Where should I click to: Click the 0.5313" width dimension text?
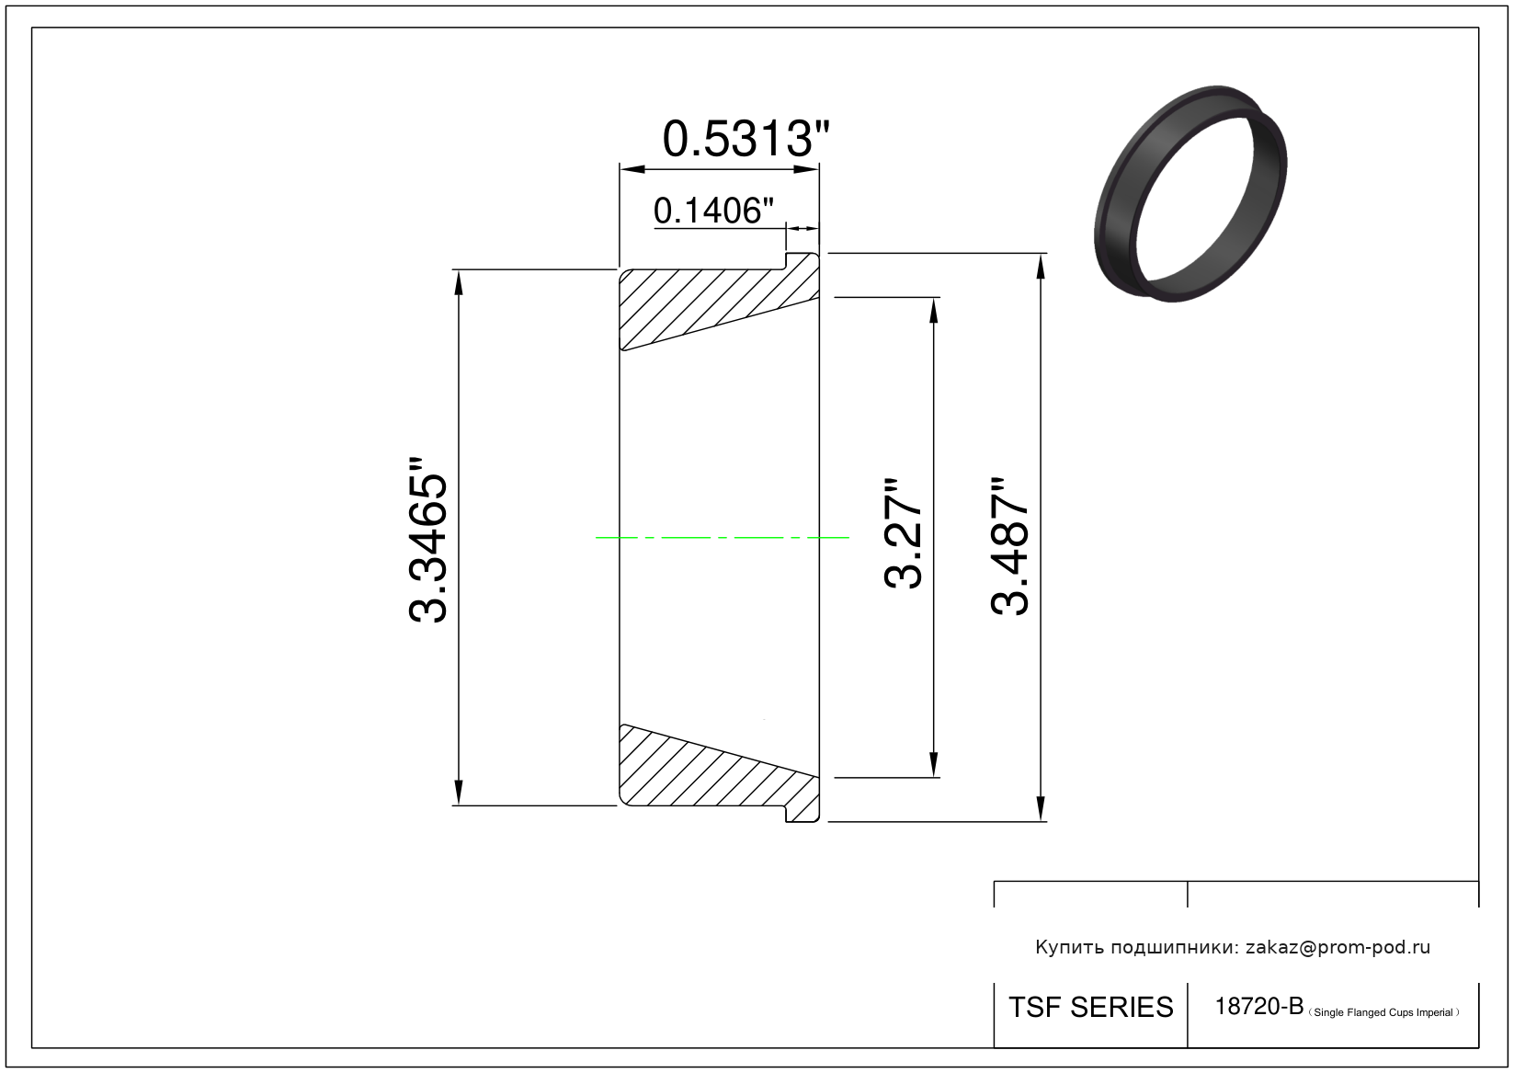coord(746,139)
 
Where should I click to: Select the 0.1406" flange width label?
coord(713,211)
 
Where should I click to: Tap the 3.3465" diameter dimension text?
coord(428,540)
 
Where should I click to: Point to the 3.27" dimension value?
coord(903,533)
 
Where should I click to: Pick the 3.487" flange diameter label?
coord(1009,546)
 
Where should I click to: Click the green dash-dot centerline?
coord(722,538)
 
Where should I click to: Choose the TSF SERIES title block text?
coord(1091,1008)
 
